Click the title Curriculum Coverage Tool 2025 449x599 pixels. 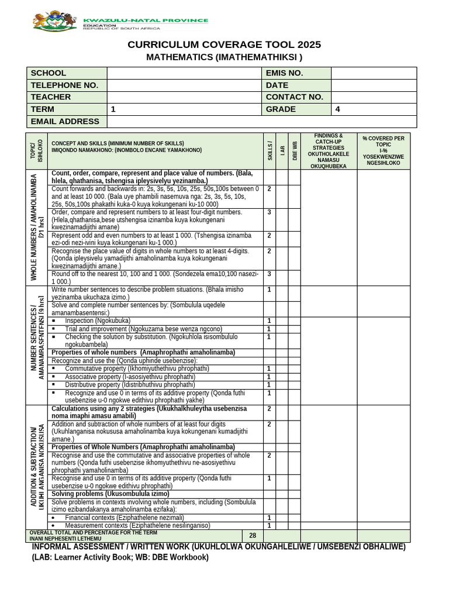tap(224, 45)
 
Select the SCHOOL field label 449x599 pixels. tap(49, 73)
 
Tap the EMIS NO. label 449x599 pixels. tap(284, 73)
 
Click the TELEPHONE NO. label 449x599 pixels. tap(64, 85)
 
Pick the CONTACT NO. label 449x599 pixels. tap(294, 97)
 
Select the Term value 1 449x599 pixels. tap(113, 109)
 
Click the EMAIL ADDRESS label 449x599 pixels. tap(65, 122)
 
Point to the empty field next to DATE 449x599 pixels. tap(374, 85)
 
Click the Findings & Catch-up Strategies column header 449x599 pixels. tap(328, 151)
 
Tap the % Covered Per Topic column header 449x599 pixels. tap(383, 151)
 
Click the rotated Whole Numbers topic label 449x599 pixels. tap(37, 227)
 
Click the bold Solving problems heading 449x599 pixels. tap(110, 494)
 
